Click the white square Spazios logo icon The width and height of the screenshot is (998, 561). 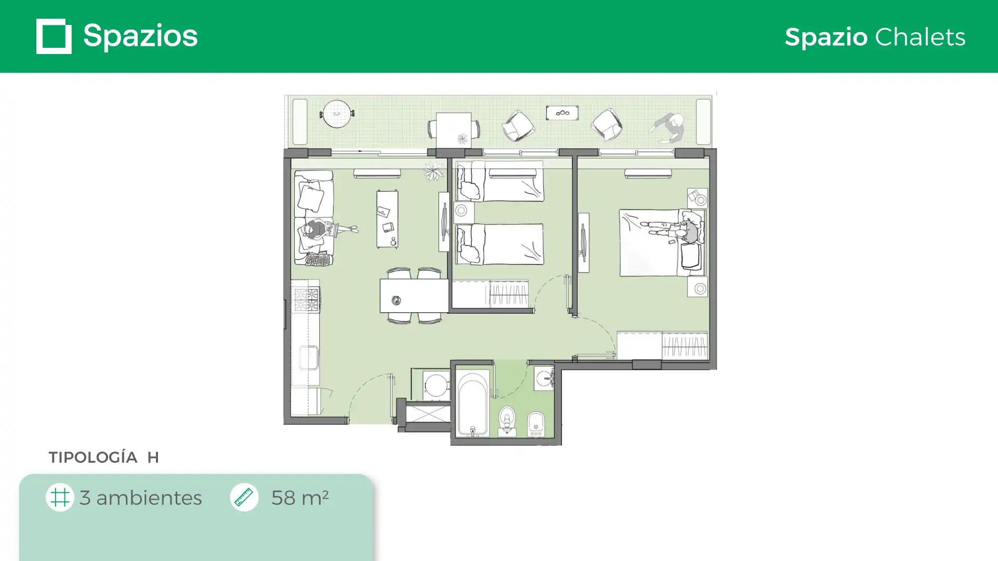[54, 36]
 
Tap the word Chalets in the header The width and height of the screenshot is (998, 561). [920, 37]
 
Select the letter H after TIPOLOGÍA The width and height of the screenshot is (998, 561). [153, 457]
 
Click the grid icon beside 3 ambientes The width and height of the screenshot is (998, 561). [60, 497]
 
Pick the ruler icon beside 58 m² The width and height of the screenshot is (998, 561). [244, 497]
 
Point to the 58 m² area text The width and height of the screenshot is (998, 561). [300, 497]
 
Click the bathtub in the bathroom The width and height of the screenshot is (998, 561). [472, 403]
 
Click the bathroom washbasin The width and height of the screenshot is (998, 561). [544, 378]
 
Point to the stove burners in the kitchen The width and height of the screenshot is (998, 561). [306, 300]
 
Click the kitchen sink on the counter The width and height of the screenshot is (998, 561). [308, 357]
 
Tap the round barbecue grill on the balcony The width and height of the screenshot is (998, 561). [337, 114]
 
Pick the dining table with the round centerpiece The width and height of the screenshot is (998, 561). [414, 296]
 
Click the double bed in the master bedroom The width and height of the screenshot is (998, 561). [662, 243]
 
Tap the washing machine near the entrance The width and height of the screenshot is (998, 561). [436, 385]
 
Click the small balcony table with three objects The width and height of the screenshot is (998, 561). [562, 113]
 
